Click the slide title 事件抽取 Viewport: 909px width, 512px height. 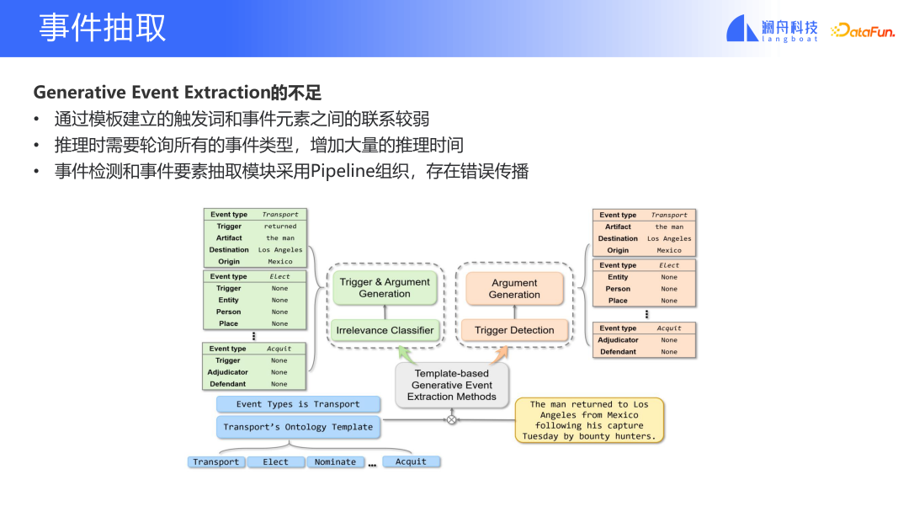pos(102,28)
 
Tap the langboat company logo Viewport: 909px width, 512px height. pos(772,29)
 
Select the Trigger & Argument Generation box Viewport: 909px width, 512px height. pos(384,288)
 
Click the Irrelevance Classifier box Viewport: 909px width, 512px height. pos(385,330)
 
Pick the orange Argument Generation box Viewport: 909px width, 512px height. pos(513,289)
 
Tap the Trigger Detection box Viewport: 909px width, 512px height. pos(513,330)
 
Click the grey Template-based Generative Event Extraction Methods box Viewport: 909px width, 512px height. pos(451,385)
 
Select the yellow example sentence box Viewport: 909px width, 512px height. pos(588,420)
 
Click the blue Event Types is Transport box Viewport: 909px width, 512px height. pos(298,404)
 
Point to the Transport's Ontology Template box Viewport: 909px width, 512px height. pos(298,427)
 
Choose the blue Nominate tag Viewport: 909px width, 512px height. pos(335,461)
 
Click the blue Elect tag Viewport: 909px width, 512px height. pos(275,461)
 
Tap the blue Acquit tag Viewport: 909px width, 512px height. pos(411,461)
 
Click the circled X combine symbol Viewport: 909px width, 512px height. pos(451,419)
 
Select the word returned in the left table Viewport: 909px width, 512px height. pos(280,227)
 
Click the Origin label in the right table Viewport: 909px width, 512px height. pos(618,250)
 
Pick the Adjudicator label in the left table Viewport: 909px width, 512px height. pos(228,372)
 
